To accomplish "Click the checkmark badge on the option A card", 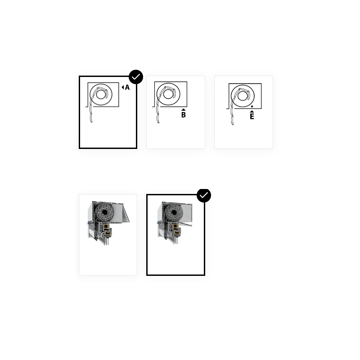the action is (136, 77).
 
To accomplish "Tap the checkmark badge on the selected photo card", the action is (204, 195).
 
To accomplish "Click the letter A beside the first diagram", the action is (127, 87).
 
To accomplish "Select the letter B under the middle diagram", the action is (184, 115).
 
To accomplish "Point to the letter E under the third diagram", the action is (252, 117).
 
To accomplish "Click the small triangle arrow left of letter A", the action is (123, 87).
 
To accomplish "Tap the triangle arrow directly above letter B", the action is (184, 110).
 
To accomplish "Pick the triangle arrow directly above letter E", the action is (252, 111).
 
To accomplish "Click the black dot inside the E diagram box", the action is (252, 107).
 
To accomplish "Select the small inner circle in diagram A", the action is (101, 94).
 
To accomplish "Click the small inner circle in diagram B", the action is (168, 94).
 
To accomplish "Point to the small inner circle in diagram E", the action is (243, 96).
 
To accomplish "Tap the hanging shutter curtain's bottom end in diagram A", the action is (91, 121).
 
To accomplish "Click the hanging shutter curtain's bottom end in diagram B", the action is (158, 122).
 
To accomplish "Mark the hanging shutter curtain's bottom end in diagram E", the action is (232, 124).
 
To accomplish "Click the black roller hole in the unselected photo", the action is (105, 212).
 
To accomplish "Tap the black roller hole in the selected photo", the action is (174, 212).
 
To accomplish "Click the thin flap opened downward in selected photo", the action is (186, 224).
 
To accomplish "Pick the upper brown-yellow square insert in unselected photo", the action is (106, 227).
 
